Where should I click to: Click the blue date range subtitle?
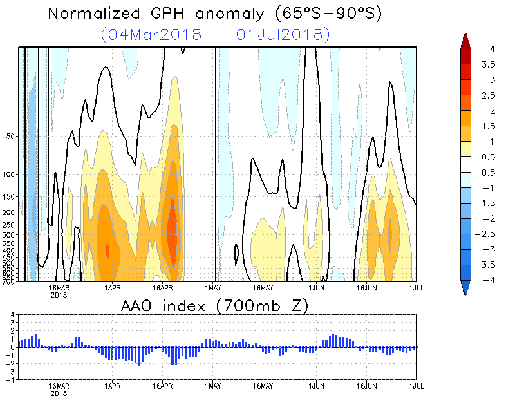(x=216, y=33)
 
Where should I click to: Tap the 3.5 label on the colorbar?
(x=488, y=64)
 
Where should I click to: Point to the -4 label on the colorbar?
(x=488, y=280)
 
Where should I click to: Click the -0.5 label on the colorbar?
(x=488, y=173)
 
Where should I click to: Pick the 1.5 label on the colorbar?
(x=488, y=126)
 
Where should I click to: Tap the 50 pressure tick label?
(x=10, y=137)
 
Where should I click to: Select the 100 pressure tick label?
(x=9, y=175)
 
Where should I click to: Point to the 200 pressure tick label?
(x=9, y=213)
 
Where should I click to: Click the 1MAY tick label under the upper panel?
(x=213, y=288)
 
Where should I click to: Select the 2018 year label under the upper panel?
(x=59, y=294)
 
